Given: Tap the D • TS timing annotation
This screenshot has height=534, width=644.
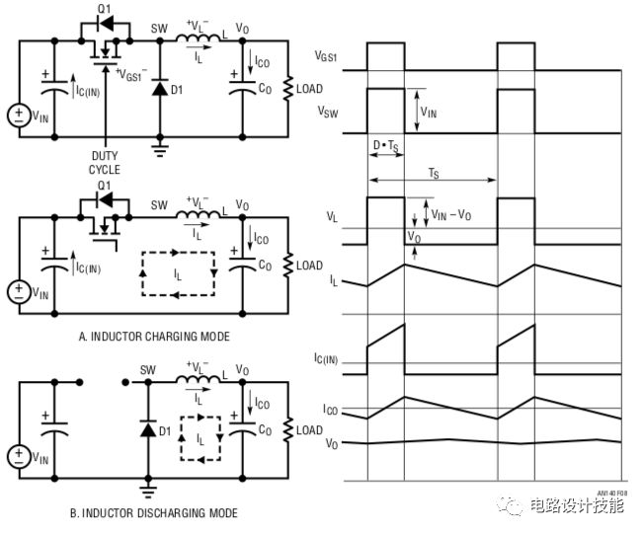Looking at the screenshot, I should point(385,146).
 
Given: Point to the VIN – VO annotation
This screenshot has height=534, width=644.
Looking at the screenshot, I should point(452,209).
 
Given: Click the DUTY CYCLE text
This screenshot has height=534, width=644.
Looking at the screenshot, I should point(106,163).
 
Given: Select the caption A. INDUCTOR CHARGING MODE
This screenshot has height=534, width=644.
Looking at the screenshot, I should point(154,337).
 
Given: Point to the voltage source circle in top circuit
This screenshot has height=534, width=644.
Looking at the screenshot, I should point(18,114).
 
